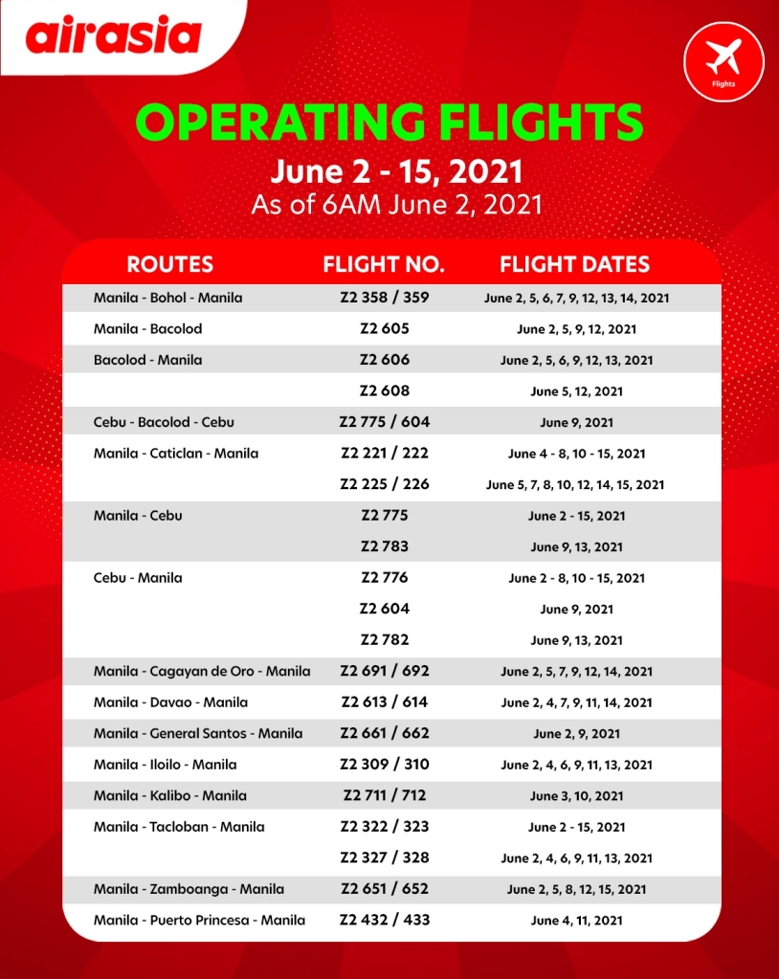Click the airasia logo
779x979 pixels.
114,35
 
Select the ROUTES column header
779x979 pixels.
169,264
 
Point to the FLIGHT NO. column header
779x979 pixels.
384,264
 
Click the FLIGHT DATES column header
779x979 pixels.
574,264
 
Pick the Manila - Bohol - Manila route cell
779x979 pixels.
167,298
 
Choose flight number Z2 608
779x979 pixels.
384,390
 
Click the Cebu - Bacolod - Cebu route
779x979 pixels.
164,422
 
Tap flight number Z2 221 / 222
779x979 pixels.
384,453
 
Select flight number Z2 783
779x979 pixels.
384,546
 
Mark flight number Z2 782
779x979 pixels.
384,640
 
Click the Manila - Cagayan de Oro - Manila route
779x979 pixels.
202,672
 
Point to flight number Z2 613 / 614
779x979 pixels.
384,702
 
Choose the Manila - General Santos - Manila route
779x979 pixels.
198,734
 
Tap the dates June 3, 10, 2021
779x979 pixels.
576,796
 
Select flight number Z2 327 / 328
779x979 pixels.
384,858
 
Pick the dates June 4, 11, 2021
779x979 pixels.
576,921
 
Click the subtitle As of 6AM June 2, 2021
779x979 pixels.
396,205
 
